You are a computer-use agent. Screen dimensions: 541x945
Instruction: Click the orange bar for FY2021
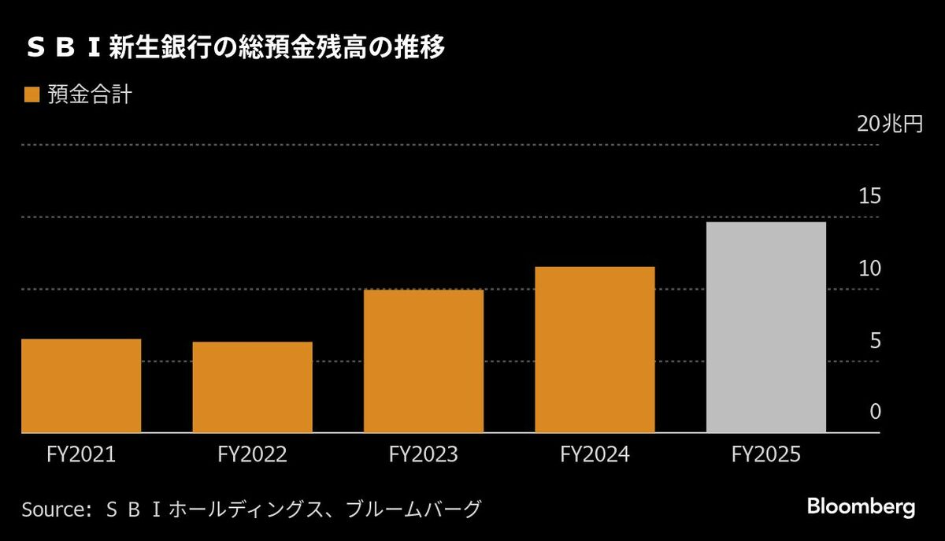pyautogui.click(x=81, y=385)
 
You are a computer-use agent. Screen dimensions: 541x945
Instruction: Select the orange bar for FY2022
pyautogui.click(x=252, y=387)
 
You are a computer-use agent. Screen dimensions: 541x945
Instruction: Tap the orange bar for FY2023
pyautogui.click(x=424, y=361)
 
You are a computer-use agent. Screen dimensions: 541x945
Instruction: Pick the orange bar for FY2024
pyautogui.click(x=595, y=350)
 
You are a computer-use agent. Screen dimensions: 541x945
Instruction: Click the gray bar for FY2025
pyautogui.click(x=766, y=327)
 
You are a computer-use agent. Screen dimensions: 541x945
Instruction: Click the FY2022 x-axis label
pyautogui.click(x=252, y=455)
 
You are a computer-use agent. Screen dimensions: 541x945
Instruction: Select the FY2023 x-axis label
pyautogui.click(x=424, y=455)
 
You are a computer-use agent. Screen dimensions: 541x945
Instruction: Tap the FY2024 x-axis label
pyautogui.click(x=595, y=455)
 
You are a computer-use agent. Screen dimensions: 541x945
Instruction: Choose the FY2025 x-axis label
pyautogui.click(x=766, y=455)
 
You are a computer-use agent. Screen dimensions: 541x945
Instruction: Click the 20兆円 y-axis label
pyautogui.click(x=889, y=124)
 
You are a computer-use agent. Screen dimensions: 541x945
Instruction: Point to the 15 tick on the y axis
pyautogui.click(x=869, y=197)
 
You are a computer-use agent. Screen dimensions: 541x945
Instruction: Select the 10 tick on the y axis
pyautogui.click(x=869, y=269)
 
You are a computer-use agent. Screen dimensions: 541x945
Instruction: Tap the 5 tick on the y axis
pyautogui.click(x=874, y=341)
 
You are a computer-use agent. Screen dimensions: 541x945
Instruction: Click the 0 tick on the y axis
pyautogui.click(x=874, y=413)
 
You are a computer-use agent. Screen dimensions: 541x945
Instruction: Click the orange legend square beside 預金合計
pyautogui.click(x=31, y=96)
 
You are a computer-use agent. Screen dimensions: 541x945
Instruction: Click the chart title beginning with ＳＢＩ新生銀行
pyautogui.click(x=236, y=49)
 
